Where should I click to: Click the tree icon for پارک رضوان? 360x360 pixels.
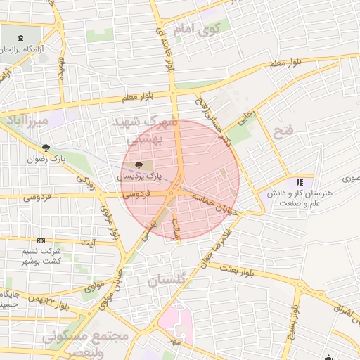pos(46,148)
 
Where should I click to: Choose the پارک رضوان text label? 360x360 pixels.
pos(63,159)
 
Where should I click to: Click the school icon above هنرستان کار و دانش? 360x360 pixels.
pos(300,182)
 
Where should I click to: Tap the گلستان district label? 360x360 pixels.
pos(169,280)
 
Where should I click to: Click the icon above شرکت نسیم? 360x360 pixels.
pos(40,240)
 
